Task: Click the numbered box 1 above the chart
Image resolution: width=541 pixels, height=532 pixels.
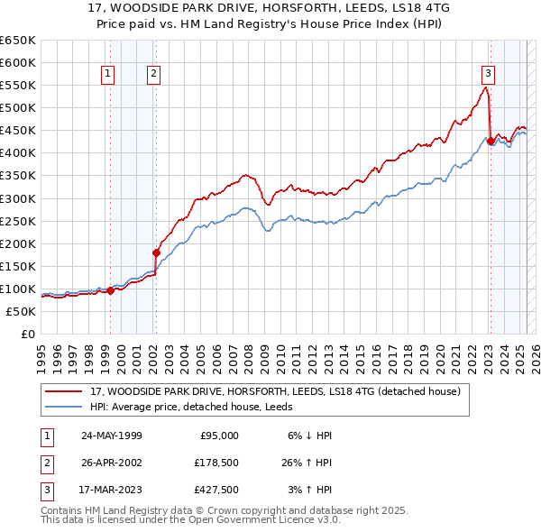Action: point(108,75)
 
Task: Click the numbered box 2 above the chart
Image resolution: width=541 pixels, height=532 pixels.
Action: point(154,75)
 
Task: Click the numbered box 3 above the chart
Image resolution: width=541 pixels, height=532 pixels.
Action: point(488,75)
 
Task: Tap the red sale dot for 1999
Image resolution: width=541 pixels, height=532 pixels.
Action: point(110,290)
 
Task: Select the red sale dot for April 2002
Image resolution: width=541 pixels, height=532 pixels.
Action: point(156,252)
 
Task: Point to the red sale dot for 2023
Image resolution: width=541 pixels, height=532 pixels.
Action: point(491,141)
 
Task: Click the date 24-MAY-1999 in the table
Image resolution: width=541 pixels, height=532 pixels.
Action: point(112,436)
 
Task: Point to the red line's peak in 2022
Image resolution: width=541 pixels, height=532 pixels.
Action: point(486,87)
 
